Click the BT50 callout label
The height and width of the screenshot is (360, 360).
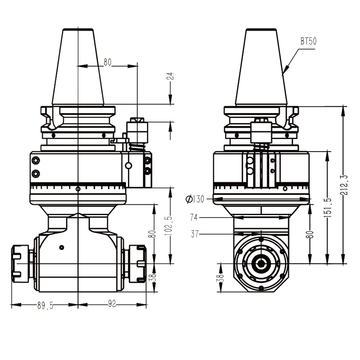point(309,41)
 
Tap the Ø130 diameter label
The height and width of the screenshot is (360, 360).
point(194,199)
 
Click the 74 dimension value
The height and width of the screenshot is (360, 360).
point(194,218)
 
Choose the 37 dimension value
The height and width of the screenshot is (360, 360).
point(194,234)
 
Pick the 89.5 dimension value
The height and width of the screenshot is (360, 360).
point(45,305)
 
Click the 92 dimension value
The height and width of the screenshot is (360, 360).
point(112,305)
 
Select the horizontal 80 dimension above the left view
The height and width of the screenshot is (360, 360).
point(107,63)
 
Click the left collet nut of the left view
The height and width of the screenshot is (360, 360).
point(20,262)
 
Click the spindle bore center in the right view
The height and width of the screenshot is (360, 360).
point(261,263)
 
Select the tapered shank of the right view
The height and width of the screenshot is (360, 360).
point(261,67)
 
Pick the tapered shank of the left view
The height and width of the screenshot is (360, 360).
point(78,67)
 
